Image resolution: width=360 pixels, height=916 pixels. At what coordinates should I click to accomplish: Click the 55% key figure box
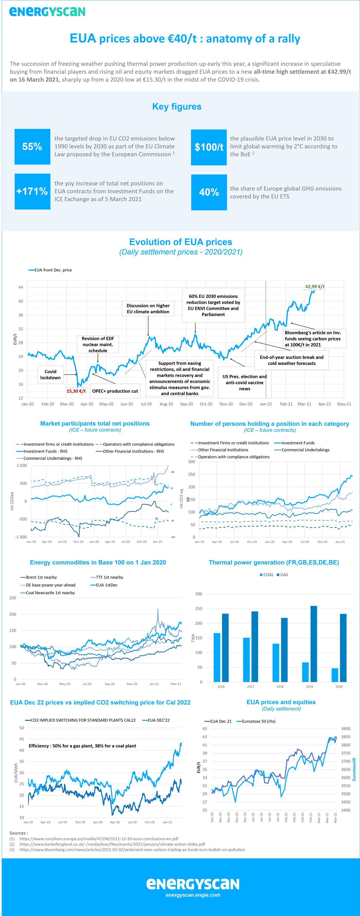(x=32, y=147)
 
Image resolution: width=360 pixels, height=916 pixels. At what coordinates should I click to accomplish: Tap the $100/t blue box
(x=209, y=147)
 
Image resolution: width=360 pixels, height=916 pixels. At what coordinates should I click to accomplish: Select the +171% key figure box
(x=32, y=191)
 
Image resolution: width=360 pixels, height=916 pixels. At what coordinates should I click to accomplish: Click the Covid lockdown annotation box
(x=50, y=374)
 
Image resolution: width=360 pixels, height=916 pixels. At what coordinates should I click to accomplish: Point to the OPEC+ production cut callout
(x=115, y=391)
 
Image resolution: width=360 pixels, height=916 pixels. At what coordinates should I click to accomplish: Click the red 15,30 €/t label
(x=76, y=391)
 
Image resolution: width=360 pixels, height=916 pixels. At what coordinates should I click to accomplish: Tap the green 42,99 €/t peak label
(x=314, y=287)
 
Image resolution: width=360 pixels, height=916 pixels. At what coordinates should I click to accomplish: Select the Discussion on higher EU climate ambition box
(x=148, y=309)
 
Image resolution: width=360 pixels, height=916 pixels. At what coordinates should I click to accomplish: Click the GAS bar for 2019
(x=314, y=644)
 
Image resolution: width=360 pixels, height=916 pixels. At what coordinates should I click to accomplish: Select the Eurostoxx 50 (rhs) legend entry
(x=258, y=721)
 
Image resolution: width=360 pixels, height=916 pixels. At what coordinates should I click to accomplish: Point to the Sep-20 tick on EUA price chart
(x=186, y=404)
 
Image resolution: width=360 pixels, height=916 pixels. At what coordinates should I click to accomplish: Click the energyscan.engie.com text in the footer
(x=193, y=895)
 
